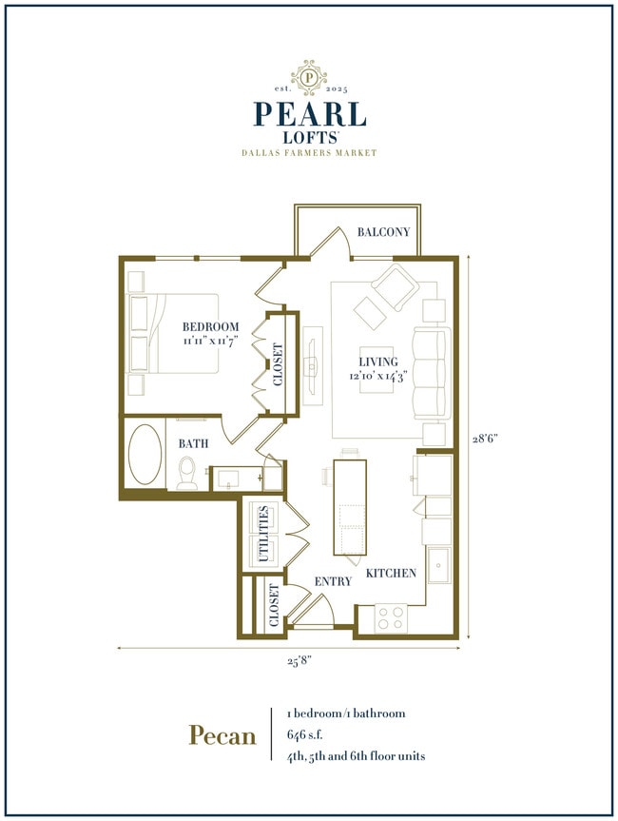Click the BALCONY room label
click(x=383, y=232)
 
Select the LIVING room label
click(x=377, y=362)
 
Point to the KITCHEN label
click(x=391, y=574)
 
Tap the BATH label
click(x=195, y=442)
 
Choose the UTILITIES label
click(x=265, y=535)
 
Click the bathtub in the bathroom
click(x=145, y=455)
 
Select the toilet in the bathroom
click(x=187, y=473)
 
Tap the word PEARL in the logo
click(x=309, y=113)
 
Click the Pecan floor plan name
click(x=222, y=734)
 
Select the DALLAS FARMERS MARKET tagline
click(x=309, y=152)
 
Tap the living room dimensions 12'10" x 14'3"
click(x=377, y=375)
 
